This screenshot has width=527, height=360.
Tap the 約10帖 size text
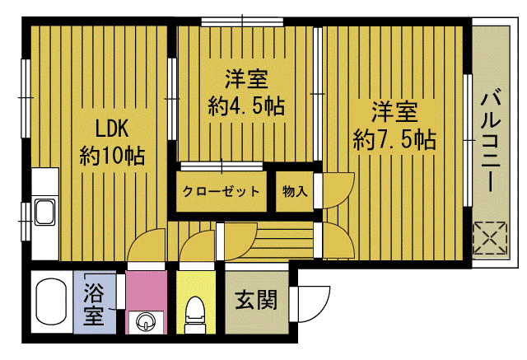[x=113, y=155]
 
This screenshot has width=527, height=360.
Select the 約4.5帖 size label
[x=247, y=106]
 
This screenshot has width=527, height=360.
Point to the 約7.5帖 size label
[x=394, y=137]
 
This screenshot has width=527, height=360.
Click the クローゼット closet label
[x=222, y=192]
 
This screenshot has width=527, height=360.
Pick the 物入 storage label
[x=295, y=192]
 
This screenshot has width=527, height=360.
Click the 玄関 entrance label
[x=256, y=301]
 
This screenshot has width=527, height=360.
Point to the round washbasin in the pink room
[x=147, y=320]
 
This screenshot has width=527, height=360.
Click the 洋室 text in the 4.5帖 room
[x=246, y=81]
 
